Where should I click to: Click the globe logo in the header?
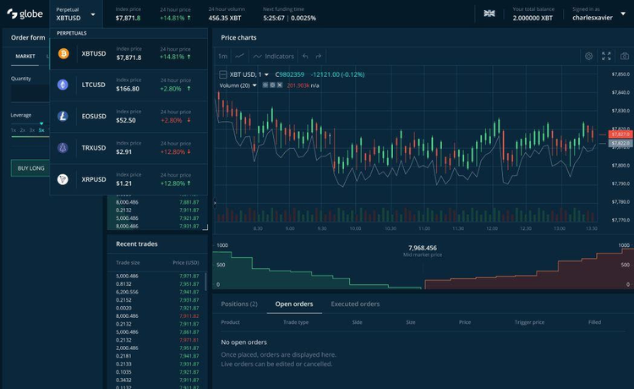pyautogui.click(x=25, y=14)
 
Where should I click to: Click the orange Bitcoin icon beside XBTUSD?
pyautogui.click(x=63, y=53)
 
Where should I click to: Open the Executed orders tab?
pyautogui.click(x=355, y=304)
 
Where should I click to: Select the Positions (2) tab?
pyautogui.click(x=239, y=304)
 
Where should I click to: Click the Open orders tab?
pyautogui.click(x=294, y=304)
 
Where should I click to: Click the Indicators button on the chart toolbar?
pyautogui.click(x=274, y=56)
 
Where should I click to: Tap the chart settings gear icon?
pyautogui.click(x=589, y=56)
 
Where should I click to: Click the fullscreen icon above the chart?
pyautogui.click(x=606, y=56)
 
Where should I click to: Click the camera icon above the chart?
pyautogui.click(x=623, y=56)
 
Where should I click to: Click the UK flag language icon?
pyautogui.click(x=489, y=14)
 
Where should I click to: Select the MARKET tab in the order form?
pyautogui.click(x=25, y=56)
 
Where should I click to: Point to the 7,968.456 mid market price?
pyautogui.click(x=422, y=248)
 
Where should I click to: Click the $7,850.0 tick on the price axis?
pyautogui.click(x=621, y=74)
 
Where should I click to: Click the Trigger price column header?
pyautogui.click(x=529, y=322)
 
